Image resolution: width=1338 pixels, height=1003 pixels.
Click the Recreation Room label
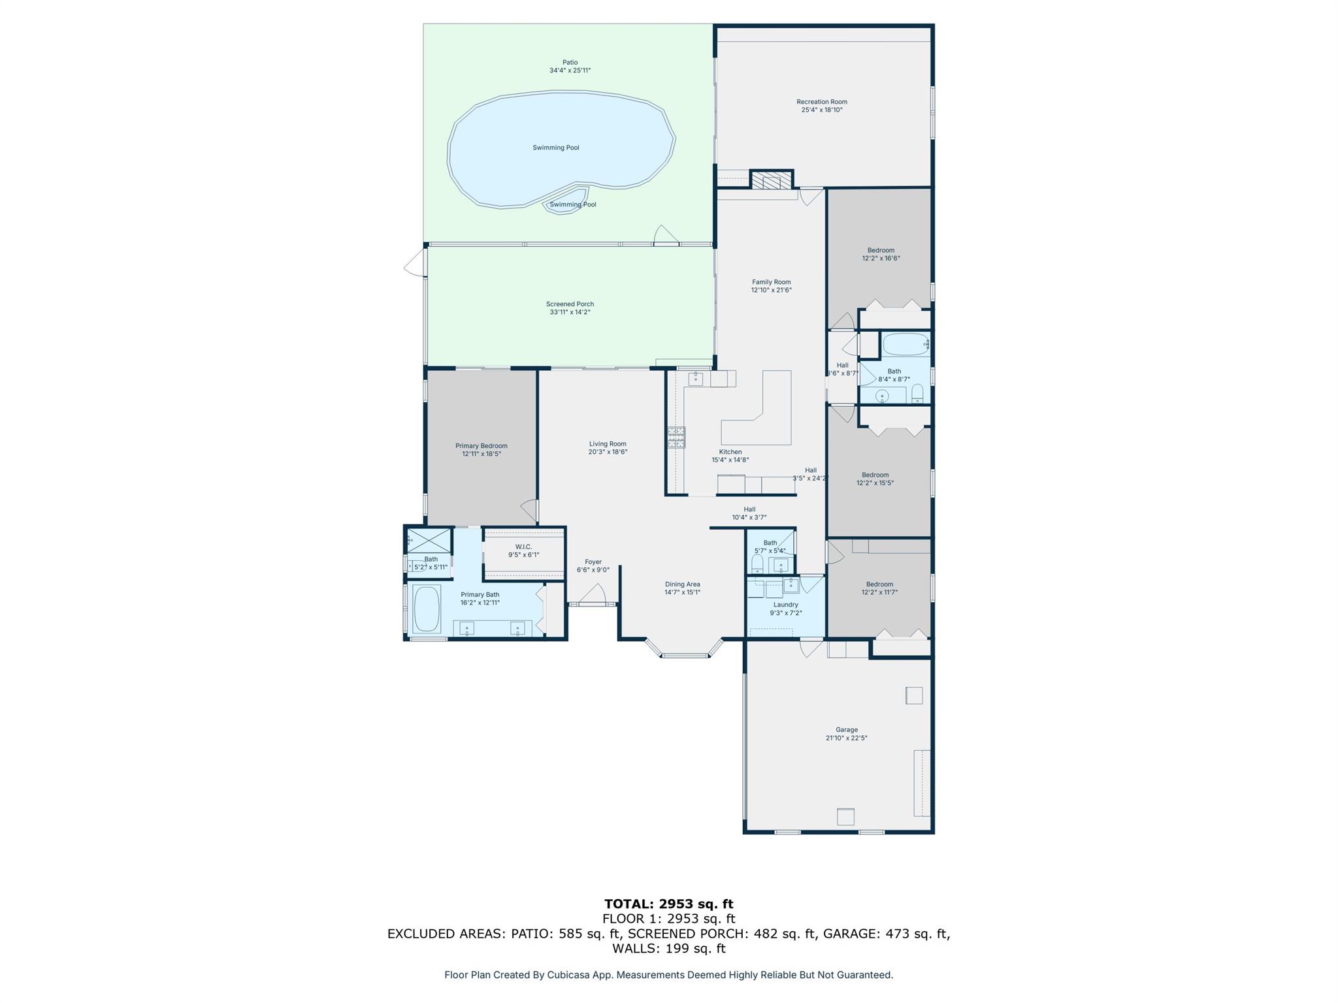822,102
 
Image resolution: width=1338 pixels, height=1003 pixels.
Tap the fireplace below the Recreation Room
772,180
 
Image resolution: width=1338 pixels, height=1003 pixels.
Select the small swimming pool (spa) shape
566,200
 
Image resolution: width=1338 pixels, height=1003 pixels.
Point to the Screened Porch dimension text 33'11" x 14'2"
570,312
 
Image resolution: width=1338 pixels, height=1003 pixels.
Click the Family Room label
772,282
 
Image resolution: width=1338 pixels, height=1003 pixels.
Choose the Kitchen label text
730,452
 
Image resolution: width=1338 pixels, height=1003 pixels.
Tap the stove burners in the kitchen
676,438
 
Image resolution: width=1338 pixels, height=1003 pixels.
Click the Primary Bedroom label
481,446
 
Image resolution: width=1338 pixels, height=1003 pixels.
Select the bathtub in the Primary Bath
427,609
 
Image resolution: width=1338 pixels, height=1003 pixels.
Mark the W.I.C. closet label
524,547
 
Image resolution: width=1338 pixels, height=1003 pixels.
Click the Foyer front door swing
593,595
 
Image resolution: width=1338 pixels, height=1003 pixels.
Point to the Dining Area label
683,584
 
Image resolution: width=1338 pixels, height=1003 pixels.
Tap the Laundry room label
786,605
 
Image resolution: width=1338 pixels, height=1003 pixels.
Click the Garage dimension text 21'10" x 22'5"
847,738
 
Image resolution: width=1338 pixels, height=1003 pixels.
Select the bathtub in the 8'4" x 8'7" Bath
906,344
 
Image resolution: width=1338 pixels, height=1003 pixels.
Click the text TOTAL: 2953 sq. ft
669,904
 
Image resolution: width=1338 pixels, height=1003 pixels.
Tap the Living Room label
608,444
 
